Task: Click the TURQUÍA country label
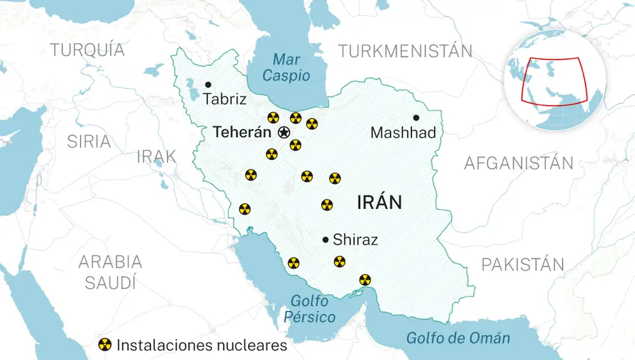(88, 50)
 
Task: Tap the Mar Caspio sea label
(286, 68)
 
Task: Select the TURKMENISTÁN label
(406, 51)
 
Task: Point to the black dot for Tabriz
(208, 84)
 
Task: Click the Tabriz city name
(225, 100)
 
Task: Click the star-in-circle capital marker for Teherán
(284, 132)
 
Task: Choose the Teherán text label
(241, 132)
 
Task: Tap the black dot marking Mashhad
(416, 117)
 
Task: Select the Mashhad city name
(403, 133)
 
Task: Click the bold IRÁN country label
(379, 203)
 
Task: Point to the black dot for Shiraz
(325, 239)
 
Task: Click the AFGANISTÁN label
(518, 163)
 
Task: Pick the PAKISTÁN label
(523, 265)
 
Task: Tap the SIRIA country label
(89, 141)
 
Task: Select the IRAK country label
(156, 156)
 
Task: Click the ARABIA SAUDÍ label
(110, 272)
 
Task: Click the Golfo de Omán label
(458, 338)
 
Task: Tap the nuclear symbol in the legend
(105, 345)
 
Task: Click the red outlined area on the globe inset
(552, 79)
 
